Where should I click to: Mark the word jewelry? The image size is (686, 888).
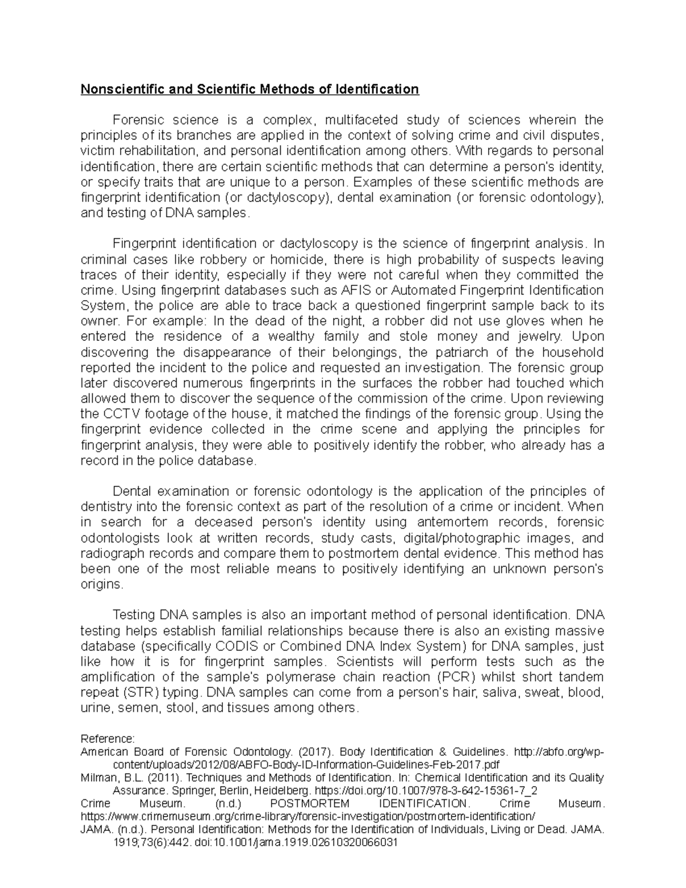[539, 336]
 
